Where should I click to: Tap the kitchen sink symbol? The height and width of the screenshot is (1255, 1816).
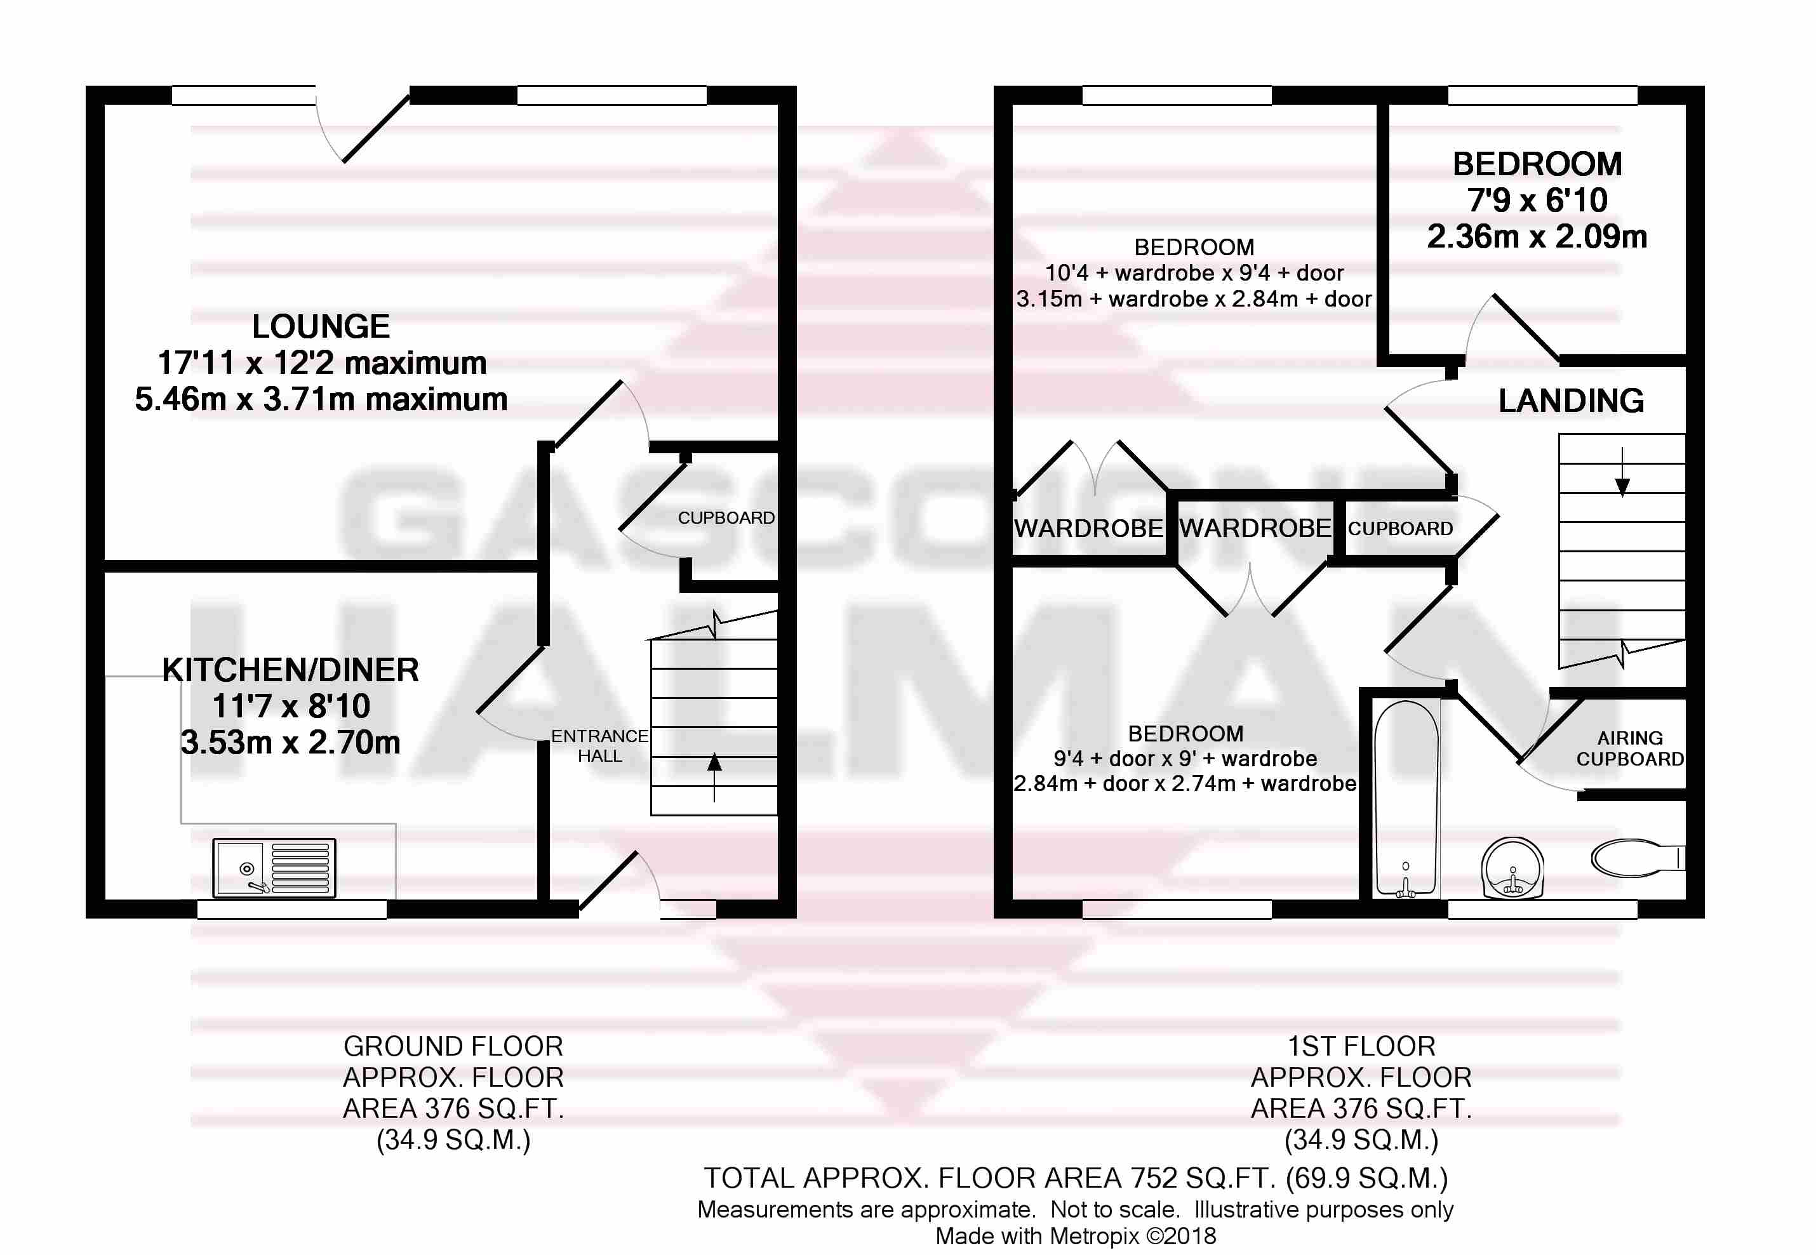274,868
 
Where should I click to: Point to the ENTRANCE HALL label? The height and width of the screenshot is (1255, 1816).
599,745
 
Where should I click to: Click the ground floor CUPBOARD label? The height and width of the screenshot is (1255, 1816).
726,518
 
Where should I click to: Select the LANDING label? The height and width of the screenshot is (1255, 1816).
1571,401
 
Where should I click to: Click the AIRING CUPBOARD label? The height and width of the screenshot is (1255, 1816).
1629,748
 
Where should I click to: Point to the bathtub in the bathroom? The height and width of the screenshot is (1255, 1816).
1406,798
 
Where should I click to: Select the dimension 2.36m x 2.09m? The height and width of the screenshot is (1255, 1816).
1537,237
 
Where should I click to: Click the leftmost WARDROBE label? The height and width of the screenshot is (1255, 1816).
1088,528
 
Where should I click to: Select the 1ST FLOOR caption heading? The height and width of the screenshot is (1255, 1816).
1361,1047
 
